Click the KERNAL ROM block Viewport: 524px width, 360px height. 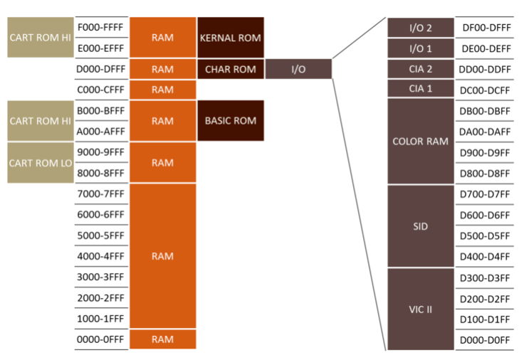coord(231,37)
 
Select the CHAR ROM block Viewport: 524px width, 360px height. coord(231,70)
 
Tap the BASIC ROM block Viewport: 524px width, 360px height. coord(231,120)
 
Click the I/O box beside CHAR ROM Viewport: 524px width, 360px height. coord(298,70)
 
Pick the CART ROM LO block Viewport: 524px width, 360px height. coord(41,162)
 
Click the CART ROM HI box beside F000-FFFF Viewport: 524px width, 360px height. coord(41,37)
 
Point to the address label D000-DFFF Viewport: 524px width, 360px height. coord(100,70)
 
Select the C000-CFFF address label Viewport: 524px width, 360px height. coord(100,90)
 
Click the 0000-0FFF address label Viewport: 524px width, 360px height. coord(100,339)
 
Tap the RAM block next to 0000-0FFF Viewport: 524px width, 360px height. coord(162,339)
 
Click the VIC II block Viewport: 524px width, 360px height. coord(420,309)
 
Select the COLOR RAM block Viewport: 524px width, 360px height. coord(420,141)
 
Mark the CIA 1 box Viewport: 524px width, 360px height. coord(420,89)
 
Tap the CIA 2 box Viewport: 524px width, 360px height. coord(420,69)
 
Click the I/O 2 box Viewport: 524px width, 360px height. coord(420,28)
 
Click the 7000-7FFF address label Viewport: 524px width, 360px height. coord(100,194)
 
